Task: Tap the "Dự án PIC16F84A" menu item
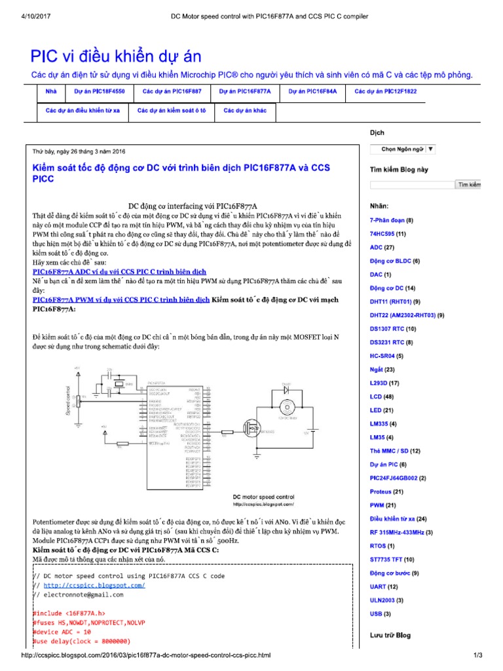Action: [x=312, y=92]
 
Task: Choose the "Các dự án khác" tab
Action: [x=245, y=111]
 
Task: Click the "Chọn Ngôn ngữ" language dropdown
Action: [x=403, y=149]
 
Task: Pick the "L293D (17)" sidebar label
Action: [x=384, y=383]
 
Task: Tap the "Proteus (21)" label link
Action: [x=386, y=491]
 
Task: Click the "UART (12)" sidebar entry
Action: [x=384, y=586]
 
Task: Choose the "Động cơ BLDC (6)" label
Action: [x=395, y=261]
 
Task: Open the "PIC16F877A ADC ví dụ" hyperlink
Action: [x=119, y=271]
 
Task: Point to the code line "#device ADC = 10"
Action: [x=63, y=632]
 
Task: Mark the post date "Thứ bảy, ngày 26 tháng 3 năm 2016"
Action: [x=79, y=151]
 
